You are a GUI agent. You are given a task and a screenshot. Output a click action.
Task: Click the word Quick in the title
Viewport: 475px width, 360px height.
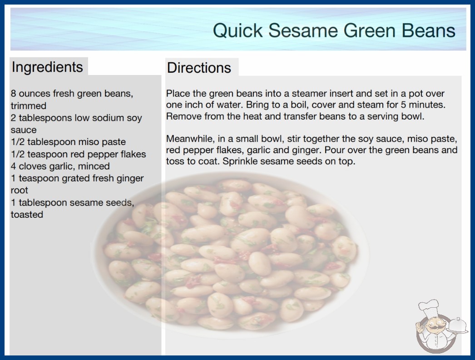[x=238, y=30]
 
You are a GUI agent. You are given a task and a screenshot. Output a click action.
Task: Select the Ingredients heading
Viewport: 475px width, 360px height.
[x=47, y=67]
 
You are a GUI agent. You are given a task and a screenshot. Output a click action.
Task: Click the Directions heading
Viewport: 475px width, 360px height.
[x=199, y=68]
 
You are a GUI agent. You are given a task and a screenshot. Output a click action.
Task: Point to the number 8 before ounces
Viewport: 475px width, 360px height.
[x=13, y=93]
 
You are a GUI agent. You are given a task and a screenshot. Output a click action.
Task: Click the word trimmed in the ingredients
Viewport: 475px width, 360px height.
[x=29, y=105]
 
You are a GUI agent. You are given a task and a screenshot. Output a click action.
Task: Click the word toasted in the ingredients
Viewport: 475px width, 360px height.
[x=27, y=215]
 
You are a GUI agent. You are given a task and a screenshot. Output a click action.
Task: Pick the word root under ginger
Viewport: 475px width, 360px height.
[x=20, y=190]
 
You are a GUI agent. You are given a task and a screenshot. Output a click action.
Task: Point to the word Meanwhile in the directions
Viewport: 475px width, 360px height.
[x=190, y=139]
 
